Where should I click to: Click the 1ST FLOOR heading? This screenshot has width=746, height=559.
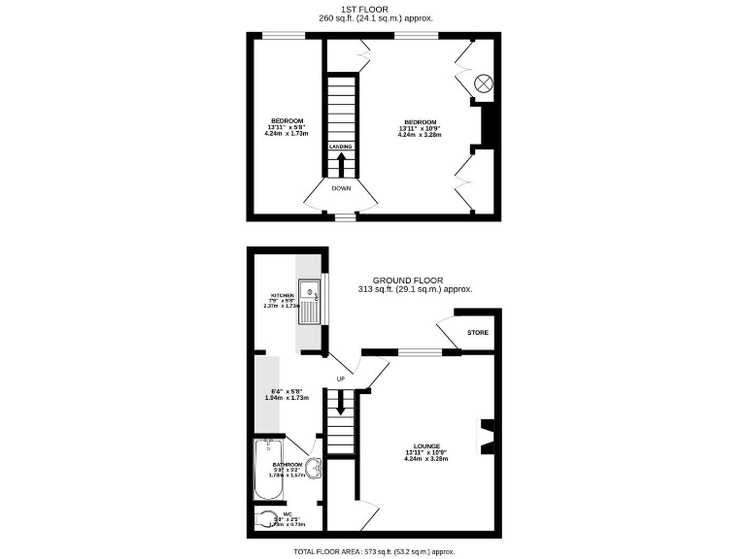(x=374, y=10)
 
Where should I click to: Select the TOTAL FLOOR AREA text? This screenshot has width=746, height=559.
(x=373, y=551)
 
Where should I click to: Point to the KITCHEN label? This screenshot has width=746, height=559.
(x=283, y=294)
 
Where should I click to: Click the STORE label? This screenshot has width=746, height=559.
(x=477, y=333)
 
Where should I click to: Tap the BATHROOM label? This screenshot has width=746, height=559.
(x=288, y=465)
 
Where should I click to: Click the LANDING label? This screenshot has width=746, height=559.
(x=340, y=147)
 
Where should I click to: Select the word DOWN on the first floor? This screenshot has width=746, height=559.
(x=341, y=188)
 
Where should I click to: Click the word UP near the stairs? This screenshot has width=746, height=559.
(x=340, y=378)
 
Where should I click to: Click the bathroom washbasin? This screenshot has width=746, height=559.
(x=312, y=470)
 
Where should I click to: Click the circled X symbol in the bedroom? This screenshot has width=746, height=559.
(x=483, y=82)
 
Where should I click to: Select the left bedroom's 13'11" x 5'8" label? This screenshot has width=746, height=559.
(x=287, y=127)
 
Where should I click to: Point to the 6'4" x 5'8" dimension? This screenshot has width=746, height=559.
(x=287, y=393)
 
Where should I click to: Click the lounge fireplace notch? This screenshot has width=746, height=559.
(x=488, y=436)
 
